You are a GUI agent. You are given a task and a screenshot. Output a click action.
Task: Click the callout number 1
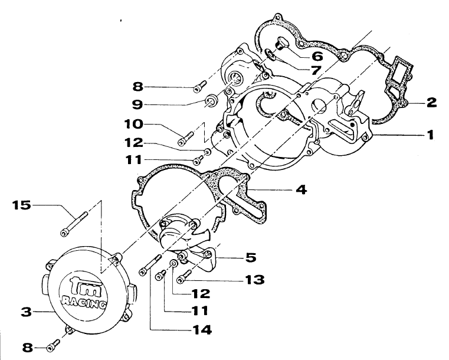[x=431, y=135]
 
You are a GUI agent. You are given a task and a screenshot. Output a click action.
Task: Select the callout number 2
[x=431, y=102]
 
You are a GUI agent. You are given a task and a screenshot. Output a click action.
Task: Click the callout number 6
[x=317, y=57]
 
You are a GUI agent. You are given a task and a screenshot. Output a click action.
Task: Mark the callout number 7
[x=317, y=70]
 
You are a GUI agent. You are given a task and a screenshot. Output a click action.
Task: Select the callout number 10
[x=134, y=125]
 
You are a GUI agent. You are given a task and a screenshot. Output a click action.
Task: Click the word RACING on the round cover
[x=84, y=304]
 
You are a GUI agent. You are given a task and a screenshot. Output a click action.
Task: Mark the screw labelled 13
[x=183, y=273]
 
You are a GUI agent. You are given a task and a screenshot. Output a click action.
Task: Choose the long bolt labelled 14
[x=150, y=263]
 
